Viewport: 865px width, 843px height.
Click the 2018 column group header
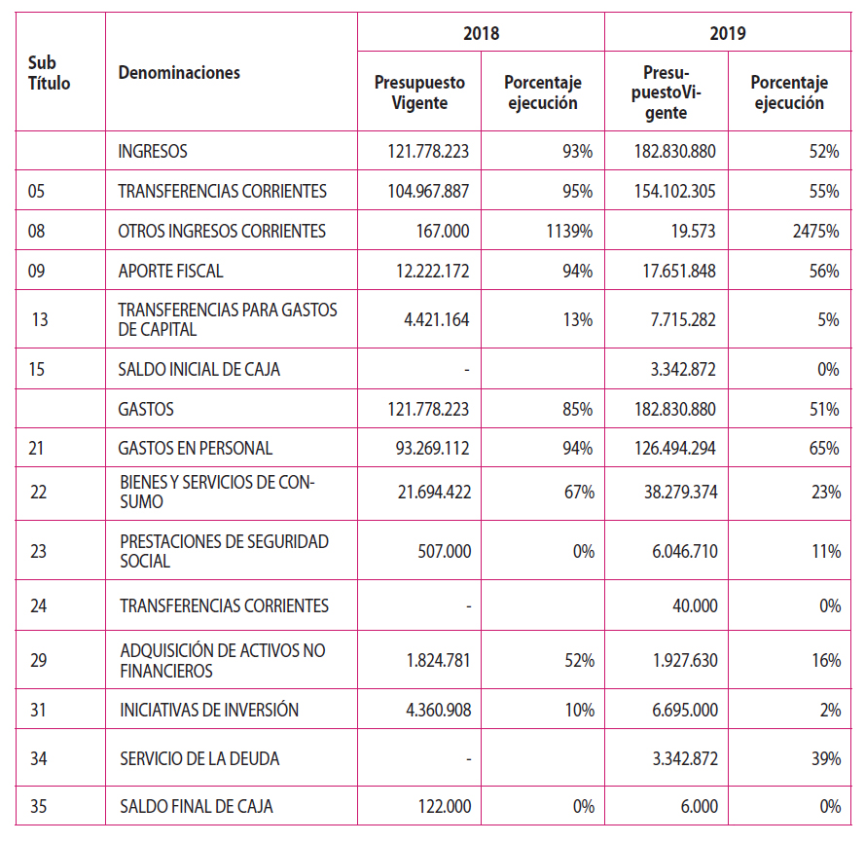[x=481, y=33]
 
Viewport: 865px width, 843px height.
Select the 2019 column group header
[x=728, y=33]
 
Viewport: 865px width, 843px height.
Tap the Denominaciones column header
[x=179, y=73]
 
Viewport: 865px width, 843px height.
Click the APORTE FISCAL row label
[x=170, y=272]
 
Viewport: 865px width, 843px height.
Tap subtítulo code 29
[x=38, y=661]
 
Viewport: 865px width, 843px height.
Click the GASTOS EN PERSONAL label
[x=195, y=449]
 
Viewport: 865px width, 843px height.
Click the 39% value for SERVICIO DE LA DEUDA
[x=827, y=758]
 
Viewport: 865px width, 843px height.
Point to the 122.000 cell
[x=444, y=807]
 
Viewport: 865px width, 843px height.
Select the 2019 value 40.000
[x=695, y=606]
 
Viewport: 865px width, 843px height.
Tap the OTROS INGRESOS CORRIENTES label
[x=222, y=232]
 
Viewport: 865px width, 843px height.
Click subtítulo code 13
[x=40, y=319]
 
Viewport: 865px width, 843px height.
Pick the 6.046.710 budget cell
[x=679, y=552]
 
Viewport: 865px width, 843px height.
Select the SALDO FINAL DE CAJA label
[x=196, y=807]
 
